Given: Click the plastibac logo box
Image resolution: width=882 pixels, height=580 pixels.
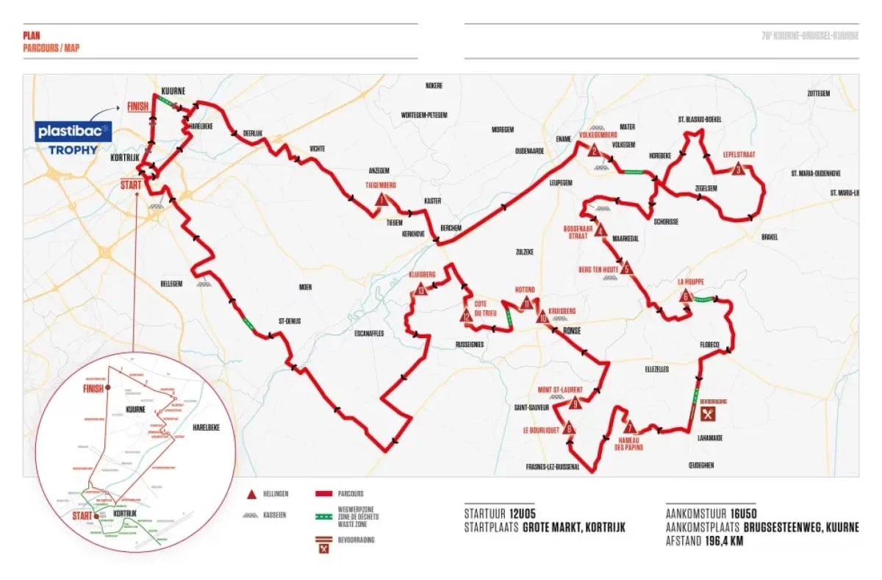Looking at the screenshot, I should tap(74, 131).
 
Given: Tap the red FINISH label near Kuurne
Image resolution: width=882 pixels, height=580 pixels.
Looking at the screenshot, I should tap(138, 106).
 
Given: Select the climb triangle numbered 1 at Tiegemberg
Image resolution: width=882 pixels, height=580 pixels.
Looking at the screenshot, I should tap(381, 198).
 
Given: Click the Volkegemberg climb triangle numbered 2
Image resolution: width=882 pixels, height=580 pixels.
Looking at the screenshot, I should tap(593, 151).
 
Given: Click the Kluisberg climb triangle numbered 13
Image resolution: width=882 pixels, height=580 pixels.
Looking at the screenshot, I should tap(420, 289).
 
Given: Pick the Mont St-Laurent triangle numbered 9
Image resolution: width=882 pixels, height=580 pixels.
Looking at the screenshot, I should tap(576, 403).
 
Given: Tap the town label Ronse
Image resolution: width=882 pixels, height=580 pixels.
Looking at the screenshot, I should tap(571, 331).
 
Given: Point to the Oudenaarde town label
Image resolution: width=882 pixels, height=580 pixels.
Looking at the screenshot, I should tap(528, 151).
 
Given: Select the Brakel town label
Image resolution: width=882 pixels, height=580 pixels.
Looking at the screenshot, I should tap(770, 237).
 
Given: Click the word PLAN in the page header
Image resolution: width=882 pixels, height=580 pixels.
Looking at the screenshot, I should tap(32, 34).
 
